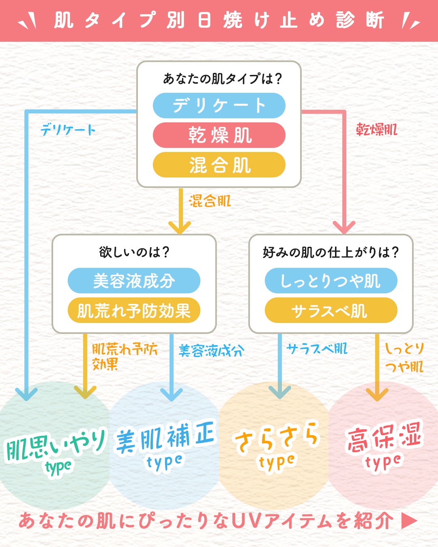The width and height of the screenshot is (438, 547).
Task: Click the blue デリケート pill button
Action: (219, 105)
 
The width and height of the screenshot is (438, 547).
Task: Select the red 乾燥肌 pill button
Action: (219, 135)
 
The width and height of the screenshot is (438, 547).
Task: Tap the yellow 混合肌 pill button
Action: (219, 165)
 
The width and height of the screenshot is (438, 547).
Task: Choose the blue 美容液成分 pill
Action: (134, 280)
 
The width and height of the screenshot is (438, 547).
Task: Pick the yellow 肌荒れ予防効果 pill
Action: (134, 310)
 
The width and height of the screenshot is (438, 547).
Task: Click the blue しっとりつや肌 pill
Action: (331, 280)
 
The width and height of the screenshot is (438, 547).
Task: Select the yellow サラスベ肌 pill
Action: (331, 310)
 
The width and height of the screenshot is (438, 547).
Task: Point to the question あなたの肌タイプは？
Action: (222, 79)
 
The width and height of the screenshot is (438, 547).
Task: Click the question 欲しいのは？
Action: (134, 252)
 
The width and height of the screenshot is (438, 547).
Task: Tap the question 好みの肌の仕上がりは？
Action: (331, 252)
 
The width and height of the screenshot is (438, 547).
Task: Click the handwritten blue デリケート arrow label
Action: (68, 130)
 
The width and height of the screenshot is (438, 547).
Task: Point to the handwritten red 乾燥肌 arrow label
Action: (376, 130)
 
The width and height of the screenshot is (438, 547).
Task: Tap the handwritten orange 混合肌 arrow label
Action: (210, 201)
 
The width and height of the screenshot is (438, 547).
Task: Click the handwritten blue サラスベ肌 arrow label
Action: (317, 348)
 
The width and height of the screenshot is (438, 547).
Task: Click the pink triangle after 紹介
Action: (409, 521)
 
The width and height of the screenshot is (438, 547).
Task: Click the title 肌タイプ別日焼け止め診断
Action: (219, 20)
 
